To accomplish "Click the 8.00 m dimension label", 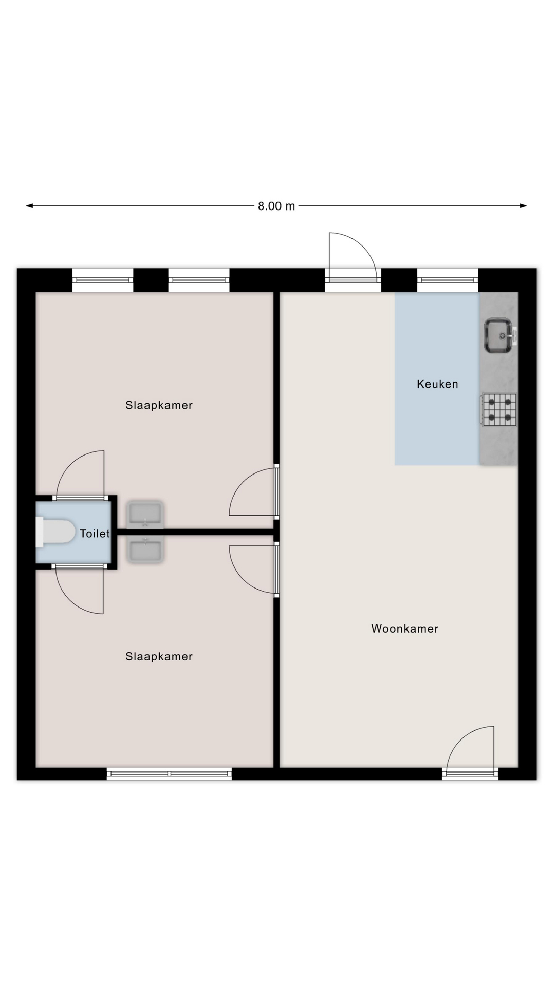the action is (276, 206).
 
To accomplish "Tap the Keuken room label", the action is (437, 384).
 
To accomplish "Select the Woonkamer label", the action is (405, 629).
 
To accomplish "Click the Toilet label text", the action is (95, 534).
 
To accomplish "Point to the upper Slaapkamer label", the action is (159, 405).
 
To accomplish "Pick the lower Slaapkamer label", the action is (159, 656).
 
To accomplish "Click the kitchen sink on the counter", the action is (499, 335).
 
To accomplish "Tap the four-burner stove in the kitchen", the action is (499, 409).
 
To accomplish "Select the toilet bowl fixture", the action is (55, 532).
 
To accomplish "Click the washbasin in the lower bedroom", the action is (145, 550).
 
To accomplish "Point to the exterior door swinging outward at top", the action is (353, 257).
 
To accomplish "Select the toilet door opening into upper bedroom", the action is (80, 475).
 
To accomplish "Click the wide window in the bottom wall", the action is (169, 774).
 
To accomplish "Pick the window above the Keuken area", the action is (448, 280).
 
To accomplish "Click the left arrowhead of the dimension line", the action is (29, 206).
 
